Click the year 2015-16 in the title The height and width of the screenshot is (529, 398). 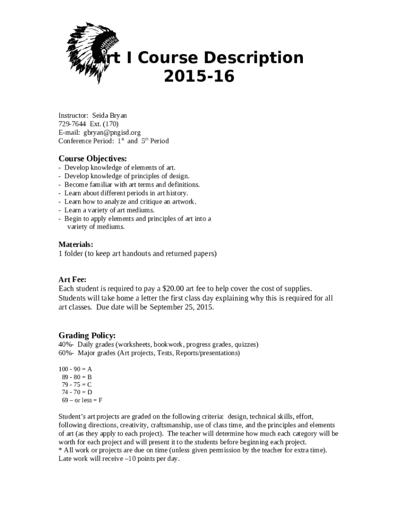199,76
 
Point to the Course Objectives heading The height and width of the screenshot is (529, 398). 93,158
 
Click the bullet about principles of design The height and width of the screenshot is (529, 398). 123,176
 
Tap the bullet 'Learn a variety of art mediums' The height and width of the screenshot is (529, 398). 109,210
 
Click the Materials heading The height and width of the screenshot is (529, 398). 76,244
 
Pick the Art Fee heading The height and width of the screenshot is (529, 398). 72,279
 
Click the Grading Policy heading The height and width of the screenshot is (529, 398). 87,335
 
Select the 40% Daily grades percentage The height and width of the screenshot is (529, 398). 66,344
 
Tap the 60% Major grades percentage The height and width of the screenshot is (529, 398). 66,353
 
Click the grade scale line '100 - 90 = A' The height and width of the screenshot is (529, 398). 75,369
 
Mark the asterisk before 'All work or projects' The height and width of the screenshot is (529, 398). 60,450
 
